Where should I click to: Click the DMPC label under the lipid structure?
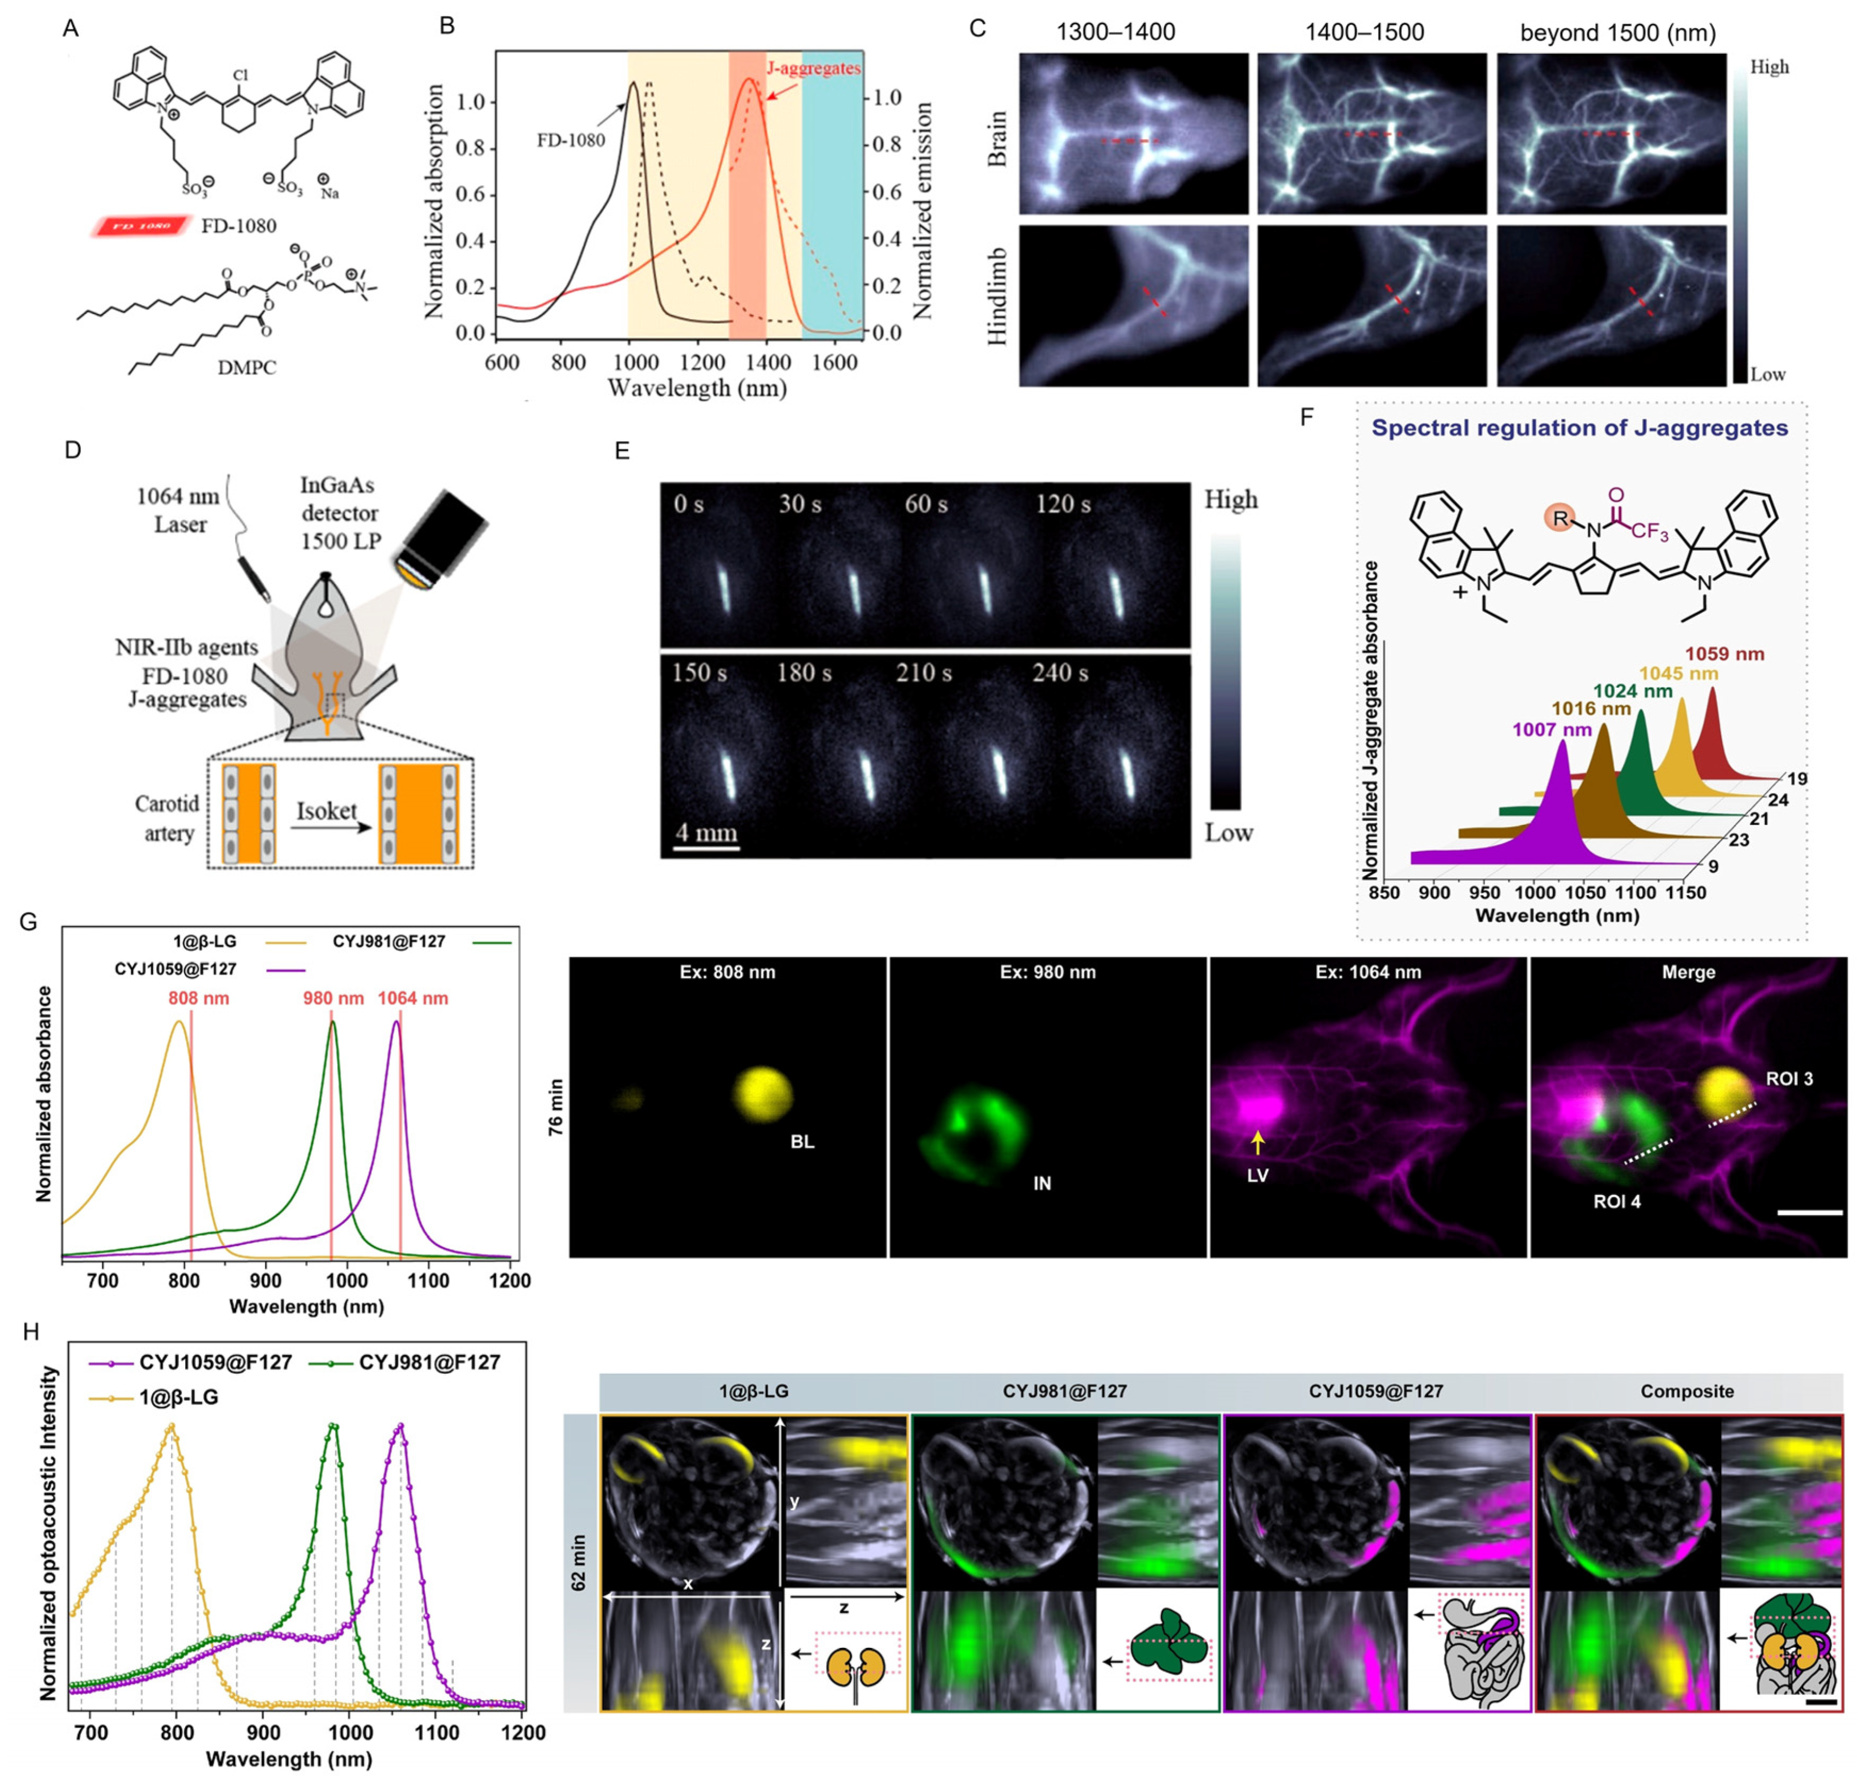coord(247,368)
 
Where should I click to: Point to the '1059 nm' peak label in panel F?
coord(1725,654)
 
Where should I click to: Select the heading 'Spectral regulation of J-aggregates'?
coord(1580,429)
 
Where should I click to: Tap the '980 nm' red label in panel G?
coord(333,998)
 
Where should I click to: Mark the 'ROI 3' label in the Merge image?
coord(1789,1079)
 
